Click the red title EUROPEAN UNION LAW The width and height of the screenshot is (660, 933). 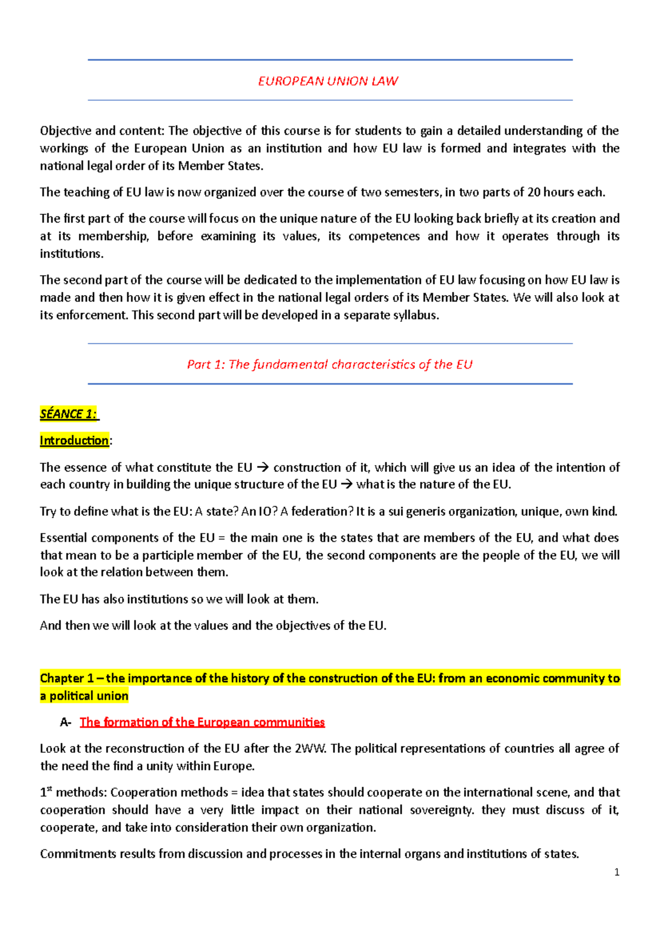[328, 81]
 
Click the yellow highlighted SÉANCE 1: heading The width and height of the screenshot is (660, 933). [69, 414]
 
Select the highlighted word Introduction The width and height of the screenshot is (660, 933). [74, 441]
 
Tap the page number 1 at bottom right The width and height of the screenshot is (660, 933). [617, 872]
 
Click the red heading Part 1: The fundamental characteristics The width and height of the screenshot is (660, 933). [329, 365]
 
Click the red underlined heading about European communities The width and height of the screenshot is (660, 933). [202, 722]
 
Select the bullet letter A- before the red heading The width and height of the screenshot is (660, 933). [65, 723]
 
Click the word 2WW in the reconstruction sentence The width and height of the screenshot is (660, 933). [311, 748]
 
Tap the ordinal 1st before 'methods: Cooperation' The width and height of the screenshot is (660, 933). [46, 792]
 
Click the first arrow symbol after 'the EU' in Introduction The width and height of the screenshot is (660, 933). [262, 468]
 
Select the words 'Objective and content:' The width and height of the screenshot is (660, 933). [102, 131]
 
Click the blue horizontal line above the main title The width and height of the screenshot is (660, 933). [330, 60]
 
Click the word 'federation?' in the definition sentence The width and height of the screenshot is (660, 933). [322, 512]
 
